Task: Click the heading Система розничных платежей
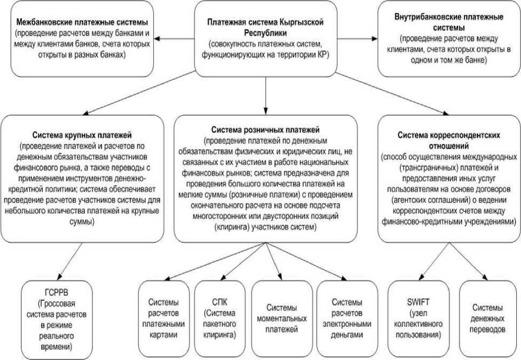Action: pos(265,129)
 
